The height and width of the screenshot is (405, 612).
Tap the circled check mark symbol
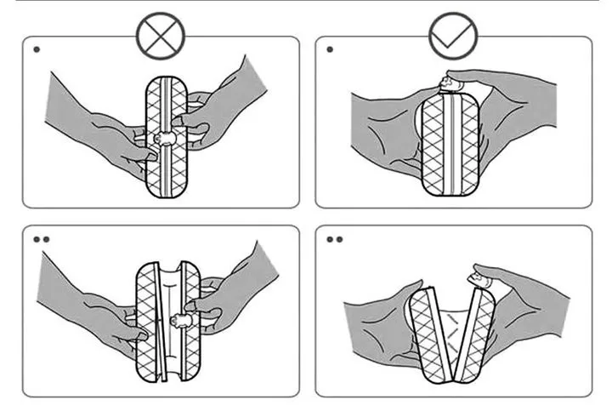pyautogui.click(x=454, y=36)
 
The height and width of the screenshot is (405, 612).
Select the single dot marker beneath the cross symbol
pyautogui.click(x=37, y=49)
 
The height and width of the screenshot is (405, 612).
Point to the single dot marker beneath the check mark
pyautogui.click(x=330, y=49)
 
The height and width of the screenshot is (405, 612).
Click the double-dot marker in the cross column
pyautogui.click(x=40, y=239)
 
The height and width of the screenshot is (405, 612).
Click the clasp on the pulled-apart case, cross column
pyautogui.click(x=182, y=321)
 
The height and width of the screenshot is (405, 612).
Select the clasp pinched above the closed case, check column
pyautogui.click(x=448, y=82)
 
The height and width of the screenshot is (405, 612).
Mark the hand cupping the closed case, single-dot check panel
pyautogui.click(x=382, y=136)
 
